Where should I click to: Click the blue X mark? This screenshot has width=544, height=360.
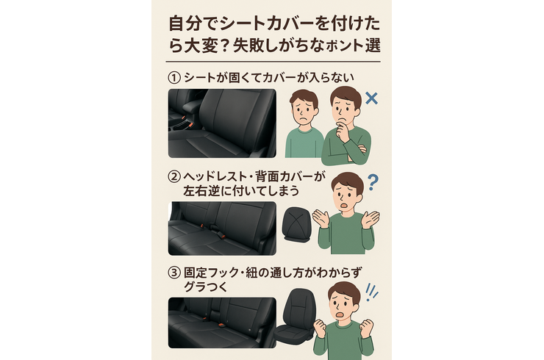point(371,98)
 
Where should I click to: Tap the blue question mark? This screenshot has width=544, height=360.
point(373,182)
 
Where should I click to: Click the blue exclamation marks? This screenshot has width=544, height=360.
point(371,292)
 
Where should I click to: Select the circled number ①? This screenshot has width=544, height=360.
point(174,78)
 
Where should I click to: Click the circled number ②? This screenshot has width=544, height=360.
point(174,177)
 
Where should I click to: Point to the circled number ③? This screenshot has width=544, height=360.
point(174,273)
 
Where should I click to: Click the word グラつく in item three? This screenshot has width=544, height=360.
point(205,287)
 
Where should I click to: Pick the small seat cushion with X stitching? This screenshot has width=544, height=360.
point(296,224)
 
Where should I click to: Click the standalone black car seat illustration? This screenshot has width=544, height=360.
point(296,317)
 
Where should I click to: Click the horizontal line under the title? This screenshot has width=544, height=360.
point(273,62)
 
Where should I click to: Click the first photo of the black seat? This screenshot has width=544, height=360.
point(223,123)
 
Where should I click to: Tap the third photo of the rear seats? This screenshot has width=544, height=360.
point(223,323)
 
